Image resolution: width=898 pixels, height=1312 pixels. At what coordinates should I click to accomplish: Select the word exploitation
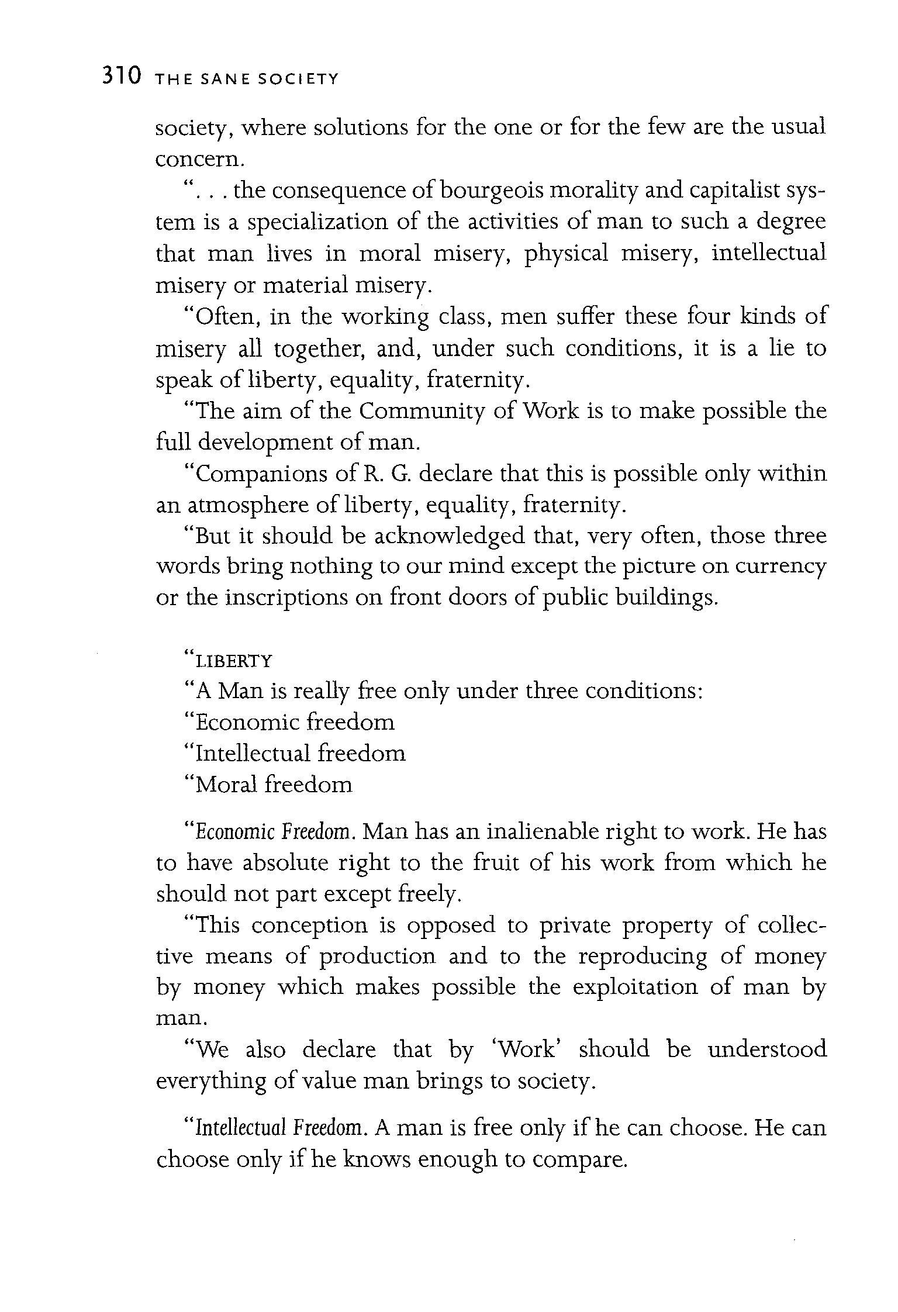point(635,988)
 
